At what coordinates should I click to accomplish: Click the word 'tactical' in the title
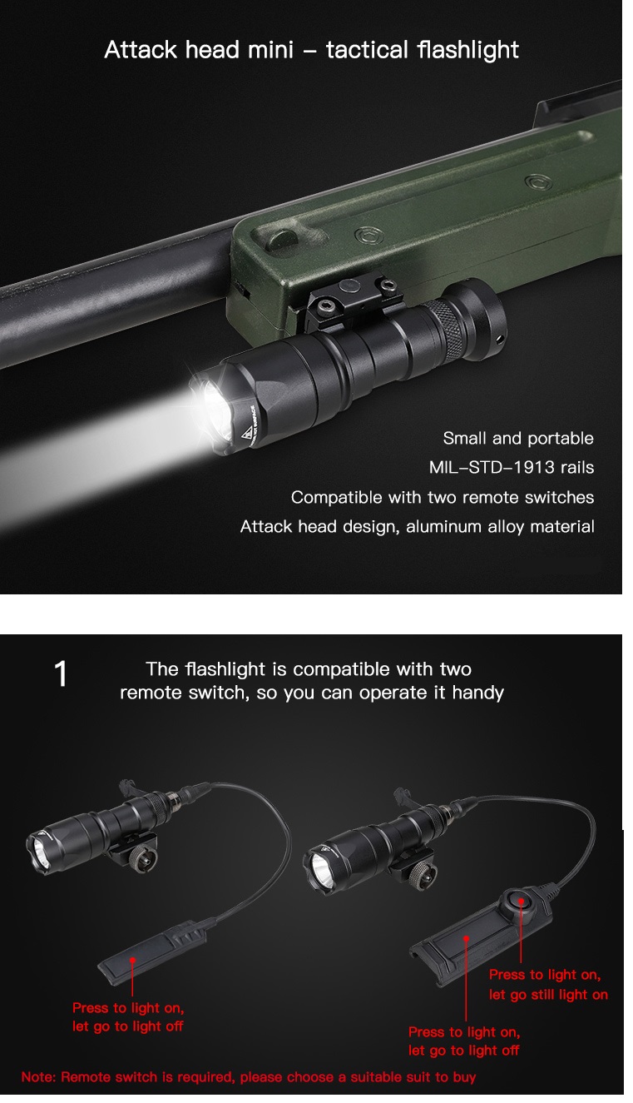click(x=367, y=50)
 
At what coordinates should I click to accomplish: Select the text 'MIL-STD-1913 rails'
click(x=512, y=467)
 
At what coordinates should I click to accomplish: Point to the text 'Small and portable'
click(x=518, y=438)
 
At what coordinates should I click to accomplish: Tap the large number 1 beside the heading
click(x=61, y=673)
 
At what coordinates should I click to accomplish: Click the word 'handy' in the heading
click(x=478, y=693)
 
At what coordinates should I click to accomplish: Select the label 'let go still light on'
click(x=548, y=994)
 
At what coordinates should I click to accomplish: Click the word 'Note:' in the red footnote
click(x=38, y=1076)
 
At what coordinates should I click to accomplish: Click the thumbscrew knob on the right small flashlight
click(x=423, y=876)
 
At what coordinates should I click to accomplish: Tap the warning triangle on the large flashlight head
click(x=246, y=434)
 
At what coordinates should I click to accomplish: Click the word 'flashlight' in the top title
click(x=467, y=50)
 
